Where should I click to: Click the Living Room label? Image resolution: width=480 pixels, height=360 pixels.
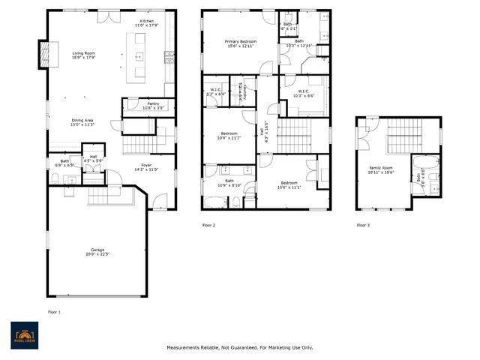(x=84, y=53)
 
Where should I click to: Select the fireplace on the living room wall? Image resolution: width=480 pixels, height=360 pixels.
(x=44, y=52)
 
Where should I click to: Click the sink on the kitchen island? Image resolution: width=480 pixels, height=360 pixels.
(x=139, y=56)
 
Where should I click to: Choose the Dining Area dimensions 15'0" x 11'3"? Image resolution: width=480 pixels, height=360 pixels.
(x=82, y=124)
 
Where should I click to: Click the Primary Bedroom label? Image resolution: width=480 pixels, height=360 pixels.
(x=241, y=41)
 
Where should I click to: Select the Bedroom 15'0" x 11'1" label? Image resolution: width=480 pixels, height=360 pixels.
(x=290, y=183)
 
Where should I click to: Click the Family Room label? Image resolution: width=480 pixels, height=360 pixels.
(x=381, y=168)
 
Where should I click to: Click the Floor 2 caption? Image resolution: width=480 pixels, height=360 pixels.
(x=208, y=225)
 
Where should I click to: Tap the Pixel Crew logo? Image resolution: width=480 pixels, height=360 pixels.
(x=25, y=334)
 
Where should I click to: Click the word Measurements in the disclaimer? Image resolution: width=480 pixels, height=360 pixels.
(x=184, y=347)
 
